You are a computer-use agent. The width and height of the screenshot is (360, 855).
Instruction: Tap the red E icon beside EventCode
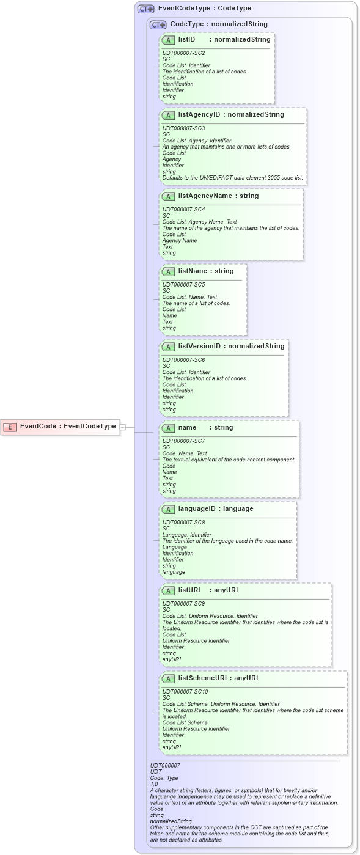click(x=10, y=427)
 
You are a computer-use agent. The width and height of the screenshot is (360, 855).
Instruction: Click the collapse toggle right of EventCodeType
click(x=122, y=427)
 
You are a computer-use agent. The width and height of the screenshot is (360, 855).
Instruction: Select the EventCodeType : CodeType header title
click(x=204, y=9)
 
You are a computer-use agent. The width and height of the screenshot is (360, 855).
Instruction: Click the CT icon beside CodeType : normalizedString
click(x=158, y=24)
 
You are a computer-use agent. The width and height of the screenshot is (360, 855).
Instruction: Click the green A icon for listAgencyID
click(x=169, y=115)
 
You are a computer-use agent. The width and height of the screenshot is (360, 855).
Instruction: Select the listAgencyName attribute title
click(x=205, y=196)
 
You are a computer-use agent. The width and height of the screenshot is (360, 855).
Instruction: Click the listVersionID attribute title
click(x=199, y=346)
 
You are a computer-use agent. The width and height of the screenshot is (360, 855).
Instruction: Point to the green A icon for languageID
click(x=169, y=509)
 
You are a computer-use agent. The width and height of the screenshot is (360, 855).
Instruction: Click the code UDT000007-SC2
click(x=183, y=53)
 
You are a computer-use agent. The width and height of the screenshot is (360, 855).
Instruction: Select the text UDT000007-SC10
click(x=185, y=692)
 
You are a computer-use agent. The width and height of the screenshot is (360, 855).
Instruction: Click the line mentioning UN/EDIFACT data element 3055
click(x=232, y=178)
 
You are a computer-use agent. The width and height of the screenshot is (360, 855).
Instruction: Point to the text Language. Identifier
click(x=186, y=535)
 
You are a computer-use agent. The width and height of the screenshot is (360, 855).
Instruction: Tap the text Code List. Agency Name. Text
click(x=199, y=222)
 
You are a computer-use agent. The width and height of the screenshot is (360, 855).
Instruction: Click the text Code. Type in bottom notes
click(x=164, y=777)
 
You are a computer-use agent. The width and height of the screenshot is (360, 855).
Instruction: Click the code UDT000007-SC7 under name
click(x=183, y=441)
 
